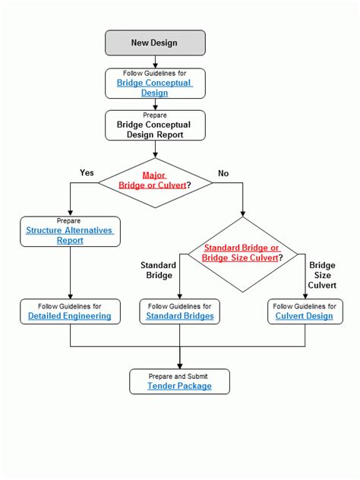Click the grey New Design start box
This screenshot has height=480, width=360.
click(155, 43)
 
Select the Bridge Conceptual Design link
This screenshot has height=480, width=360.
click(155, 88)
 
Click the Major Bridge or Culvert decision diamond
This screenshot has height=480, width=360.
click(155, 182)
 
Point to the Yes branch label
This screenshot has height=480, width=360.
click(87, 172)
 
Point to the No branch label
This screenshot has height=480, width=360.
click(223, 173)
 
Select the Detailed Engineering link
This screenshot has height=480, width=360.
click(70, 316)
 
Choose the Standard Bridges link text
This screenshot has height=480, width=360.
click(180, 316)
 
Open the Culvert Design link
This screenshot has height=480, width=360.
click(304, 316)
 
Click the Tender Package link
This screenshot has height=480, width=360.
click(180, 386)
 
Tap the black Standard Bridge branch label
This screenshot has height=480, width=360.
click(158, 270)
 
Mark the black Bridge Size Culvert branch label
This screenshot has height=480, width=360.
click(321, 276)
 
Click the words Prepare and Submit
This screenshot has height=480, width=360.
click(180, 375)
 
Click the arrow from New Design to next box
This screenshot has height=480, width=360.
click(155, 61)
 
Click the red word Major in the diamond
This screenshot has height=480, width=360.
click(154, 175)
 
